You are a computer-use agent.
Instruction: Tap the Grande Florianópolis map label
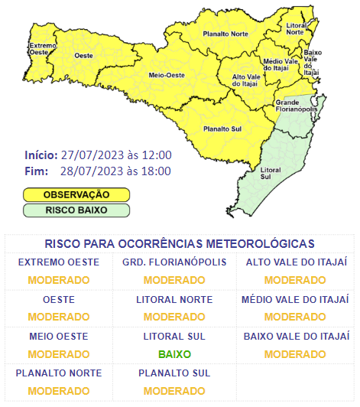[297, 106]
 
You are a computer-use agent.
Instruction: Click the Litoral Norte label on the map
[297, 28]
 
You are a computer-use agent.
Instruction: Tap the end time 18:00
[156, 170]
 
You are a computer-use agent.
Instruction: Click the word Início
[41, 155]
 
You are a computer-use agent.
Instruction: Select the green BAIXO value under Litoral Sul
[174, 354]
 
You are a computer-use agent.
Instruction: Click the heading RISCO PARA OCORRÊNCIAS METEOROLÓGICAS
[180, 244]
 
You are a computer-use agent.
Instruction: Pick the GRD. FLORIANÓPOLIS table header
[174, 263]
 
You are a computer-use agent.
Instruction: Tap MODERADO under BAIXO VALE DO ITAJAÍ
[295, 354]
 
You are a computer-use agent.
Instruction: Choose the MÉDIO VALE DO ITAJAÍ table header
[295, 300]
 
